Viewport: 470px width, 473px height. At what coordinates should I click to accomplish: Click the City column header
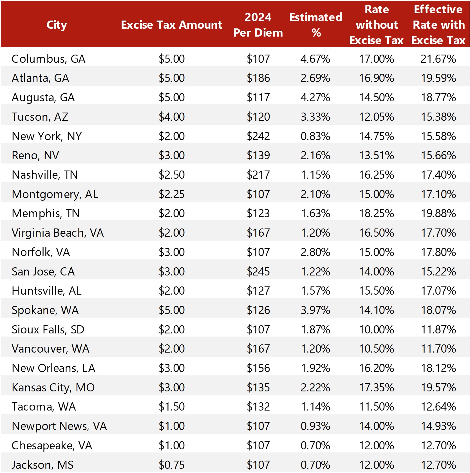57,25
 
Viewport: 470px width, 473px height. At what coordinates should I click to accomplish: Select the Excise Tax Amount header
171,25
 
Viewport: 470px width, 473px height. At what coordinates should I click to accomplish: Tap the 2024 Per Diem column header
258,25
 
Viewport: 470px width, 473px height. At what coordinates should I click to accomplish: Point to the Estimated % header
316,25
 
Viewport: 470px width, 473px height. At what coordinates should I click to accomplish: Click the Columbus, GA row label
48,59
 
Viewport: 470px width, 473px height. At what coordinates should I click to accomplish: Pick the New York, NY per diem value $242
258,136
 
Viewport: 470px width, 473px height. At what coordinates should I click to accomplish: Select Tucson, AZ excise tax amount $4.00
171,117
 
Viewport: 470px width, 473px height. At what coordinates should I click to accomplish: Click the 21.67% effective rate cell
438,59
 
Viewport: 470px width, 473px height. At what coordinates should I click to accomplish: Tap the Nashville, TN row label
45,175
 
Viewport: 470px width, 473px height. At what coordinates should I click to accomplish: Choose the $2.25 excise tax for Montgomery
171,194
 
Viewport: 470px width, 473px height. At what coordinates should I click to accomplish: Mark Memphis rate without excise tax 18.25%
376,213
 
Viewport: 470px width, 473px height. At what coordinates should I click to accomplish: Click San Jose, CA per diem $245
258,272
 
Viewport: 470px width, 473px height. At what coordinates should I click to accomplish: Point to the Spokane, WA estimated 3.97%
315,310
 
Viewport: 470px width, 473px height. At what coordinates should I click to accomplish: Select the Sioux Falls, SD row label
48,329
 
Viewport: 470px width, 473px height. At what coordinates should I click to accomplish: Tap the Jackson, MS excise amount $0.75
171,465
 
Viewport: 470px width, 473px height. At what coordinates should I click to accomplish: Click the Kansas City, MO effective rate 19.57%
438,387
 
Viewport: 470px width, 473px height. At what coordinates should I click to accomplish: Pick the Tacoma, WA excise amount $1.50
171,407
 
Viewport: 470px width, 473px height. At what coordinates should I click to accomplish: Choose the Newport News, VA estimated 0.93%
315,426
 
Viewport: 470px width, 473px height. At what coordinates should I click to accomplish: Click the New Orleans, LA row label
53,368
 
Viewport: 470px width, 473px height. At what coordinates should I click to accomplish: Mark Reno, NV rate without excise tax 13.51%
376,155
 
